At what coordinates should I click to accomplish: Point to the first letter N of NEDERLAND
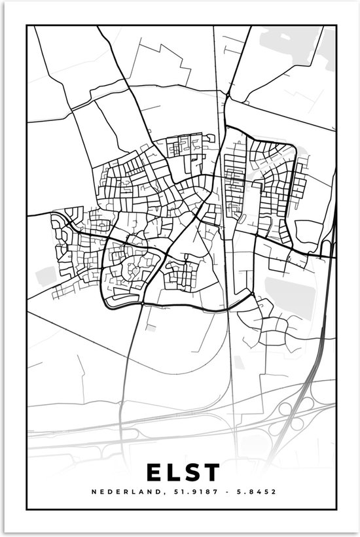(94, 491)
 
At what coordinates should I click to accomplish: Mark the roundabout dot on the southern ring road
(142, 303)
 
